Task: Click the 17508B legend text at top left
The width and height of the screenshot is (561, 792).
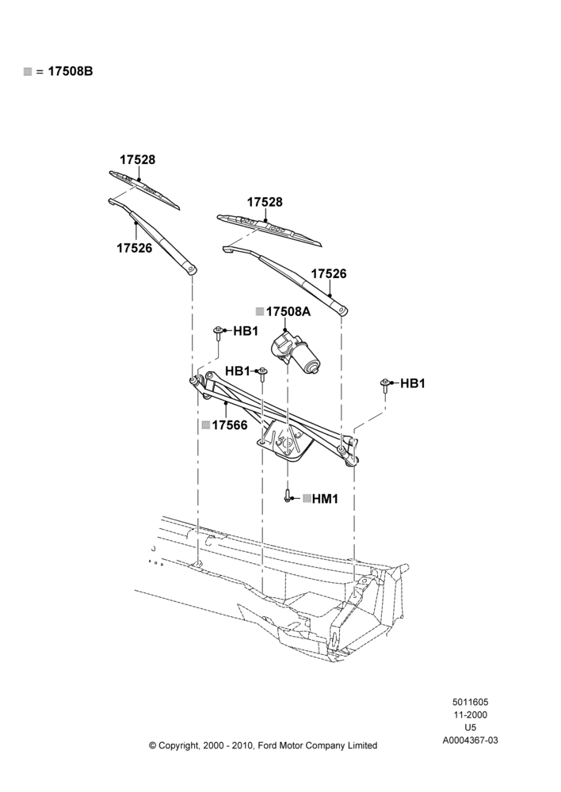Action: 71,71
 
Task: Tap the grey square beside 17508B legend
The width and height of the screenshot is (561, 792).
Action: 28,72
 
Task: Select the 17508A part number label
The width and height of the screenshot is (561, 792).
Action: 288,311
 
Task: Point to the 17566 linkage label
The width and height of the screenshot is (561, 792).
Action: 230,425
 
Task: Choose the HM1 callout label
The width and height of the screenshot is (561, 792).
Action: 325,499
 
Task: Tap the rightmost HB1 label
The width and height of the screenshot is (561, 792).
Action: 413,384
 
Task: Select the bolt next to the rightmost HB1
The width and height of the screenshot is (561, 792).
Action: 385,386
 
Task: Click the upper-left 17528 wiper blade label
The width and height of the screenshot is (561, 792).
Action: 137,160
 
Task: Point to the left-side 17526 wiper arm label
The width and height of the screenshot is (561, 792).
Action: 135,249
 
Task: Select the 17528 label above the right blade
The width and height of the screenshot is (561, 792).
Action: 265,202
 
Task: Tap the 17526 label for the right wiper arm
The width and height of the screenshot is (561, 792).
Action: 329,274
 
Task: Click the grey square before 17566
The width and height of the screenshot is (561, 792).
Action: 206,425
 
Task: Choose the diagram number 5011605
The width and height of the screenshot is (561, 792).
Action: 470,702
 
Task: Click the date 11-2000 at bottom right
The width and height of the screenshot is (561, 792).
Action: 470,714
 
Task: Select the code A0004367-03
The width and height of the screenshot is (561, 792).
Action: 470,741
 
